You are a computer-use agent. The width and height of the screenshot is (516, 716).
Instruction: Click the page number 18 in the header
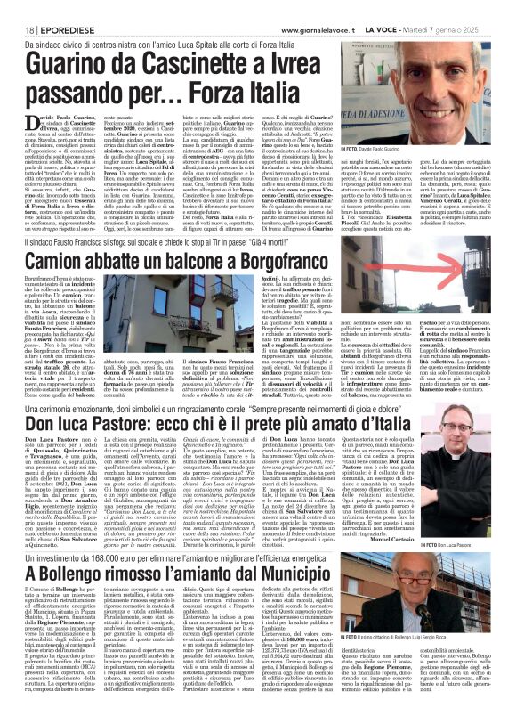click(18, 8)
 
